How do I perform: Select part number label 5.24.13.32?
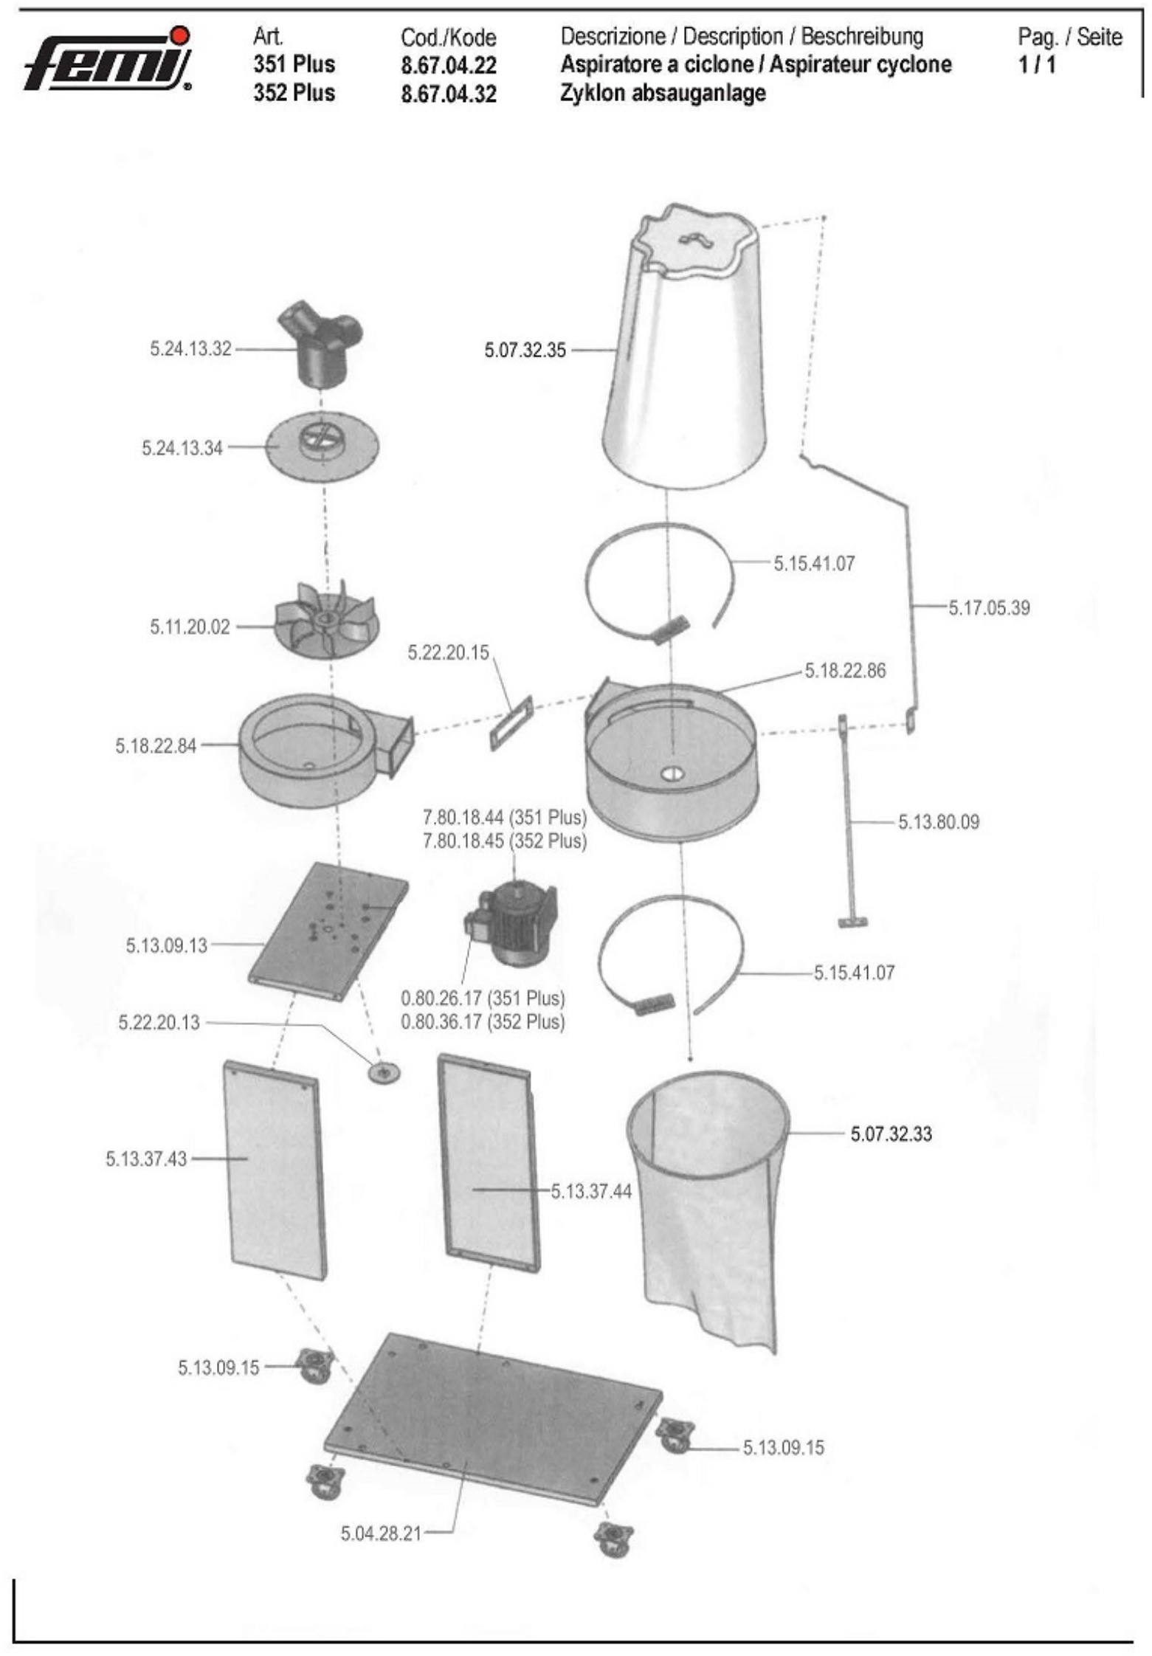pyautogui.click(x=191, y=349)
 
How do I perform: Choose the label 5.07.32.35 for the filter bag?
pyautogui.click(x=525, y=351)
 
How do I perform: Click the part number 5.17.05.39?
pyautogui.click(x=989, y=608)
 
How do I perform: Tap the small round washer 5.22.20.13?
pyautogui.click(x=384, y=1072)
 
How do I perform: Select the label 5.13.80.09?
pyautogui.click(x=939, y=822)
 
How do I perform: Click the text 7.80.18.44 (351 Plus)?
pyautogui.click(x=504, y=818)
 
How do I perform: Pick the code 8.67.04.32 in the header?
pyautogui.click(x=449, y=94)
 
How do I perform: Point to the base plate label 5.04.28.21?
pyautogui.click(x=381, y=1533)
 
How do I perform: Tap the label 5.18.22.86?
pyautogui.click(x=845, y=671)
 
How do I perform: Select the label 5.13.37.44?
pyautogui.click(x=591, y=1191)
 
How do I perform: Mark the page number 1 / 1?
pyautogui.click(x=1037, y=65)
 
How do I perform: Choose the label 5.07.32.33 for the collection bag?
pyautogui.click(x=891, y=1134)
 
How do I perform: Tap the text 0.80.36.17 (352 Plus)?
pyautogui.click(x=483, y=1022)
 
